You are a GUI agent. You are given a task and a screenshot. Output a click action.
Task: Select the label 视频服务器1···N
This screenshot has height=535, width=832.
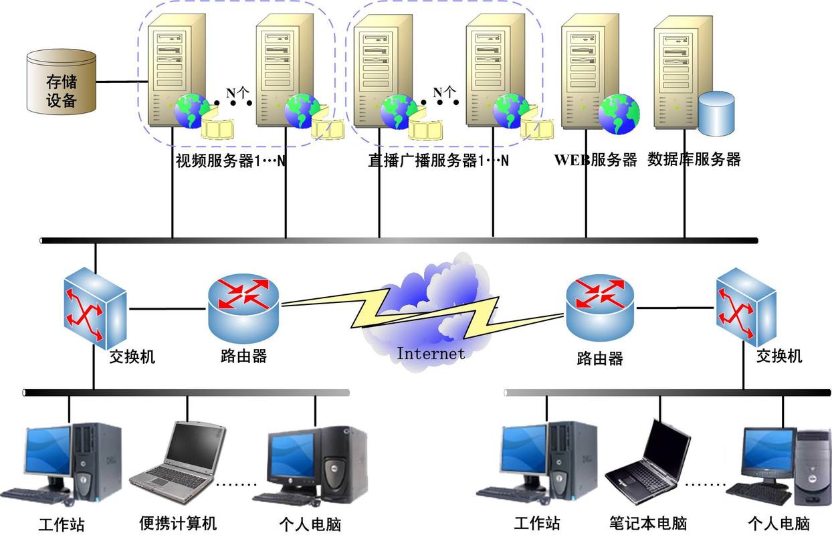coord(231,161)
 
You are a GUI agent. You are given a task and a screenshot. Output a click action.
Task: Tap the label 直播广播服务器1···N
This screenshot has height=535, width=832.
coord(438,161)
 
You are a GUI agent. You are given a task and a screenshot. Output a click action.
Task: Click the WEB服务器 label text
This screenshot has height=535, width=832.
coord(595,160)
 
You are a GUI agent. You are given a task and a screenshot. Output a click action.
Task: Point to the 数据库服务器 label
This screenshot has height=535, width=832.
coord(694,160)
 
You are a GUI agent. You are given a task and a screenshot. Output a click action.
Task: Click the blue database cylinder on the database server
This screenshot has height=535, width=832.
coord(716,113)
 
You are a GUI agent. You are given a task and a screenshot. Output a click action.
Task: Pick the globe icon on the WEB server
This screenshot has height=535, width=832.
coord(618,113)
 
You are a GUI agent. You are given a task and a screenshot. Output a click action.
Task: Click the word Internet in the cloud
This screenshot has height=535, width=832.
coord(430,352)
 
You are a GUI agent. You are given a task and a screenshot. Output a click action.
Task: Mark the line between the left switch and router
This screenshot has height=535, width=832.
coord(167,308)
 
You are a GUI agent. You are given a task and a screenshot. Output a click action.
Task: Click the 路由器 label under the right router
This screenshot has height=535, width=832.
coord(599,358)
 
